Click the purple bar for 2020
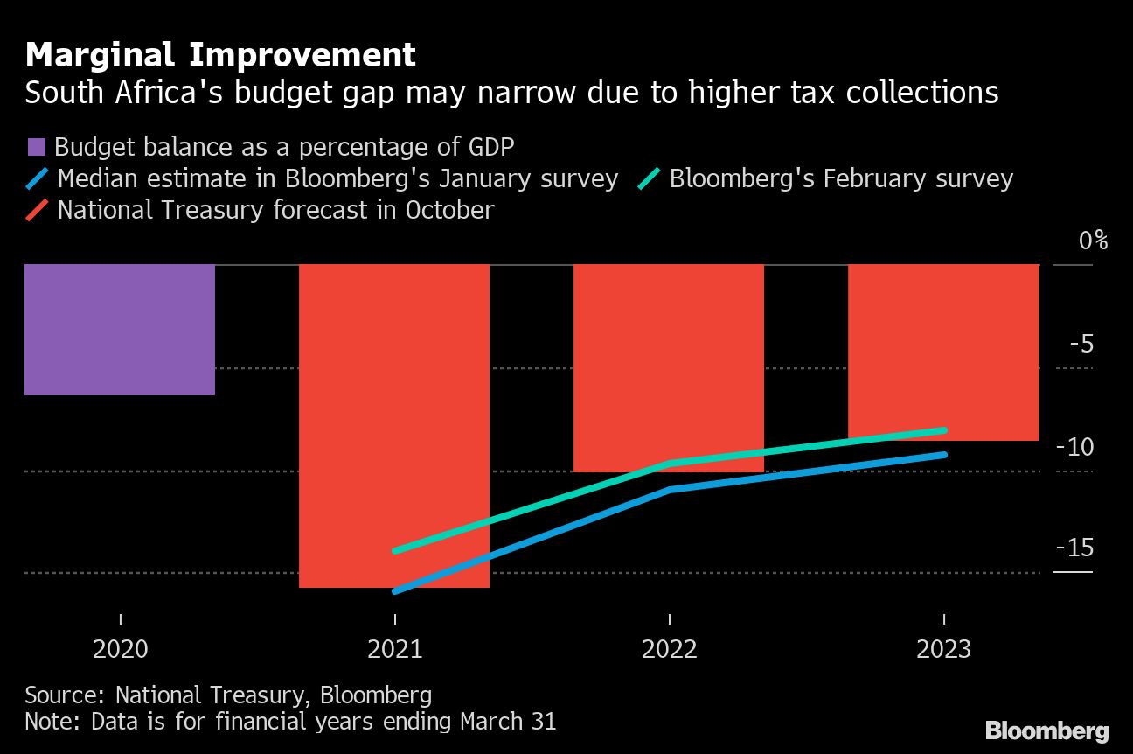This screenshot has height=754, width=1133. click(x=120, y=329)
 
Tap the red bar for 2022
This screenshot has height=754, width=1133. click(x=669, y=367)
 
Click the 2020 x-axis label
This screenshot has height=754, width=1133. click(x=120, y=650)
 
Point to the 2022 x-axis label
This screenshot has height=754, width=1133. click(x=669, y=650)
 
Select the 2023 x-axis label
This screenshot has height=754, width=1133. click(x=943, y=650)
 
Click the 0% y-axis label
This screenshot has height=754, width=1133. click(x=1093, y=241)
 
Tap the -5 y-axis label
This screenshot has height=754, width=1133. click(x=1081, y=344)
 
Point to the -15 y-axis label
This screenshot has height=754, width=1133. click(x=1075, y=548)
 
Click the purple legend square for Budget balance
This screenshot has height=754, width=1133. click(x=36, y=147)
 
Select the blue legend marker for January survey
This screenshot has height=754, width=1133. click(x=37, y=179)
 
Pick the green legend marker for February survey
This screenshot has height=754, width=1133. click(x=649, y=179)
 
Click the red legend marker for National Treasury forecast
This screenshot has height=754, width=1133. click(x=37, y=211)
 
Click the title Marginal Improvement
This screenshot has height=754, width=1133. click(x=220, y=55)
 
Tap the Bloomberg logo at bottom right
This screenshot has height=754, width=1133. click(x=1046, y=730)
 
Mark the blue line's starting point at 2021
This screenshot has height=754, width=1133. click(x=395, y=591)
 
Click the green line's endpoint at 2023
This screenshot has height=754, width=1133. click(x=944, y=429)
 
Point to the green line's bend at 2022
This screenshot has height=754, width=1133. click(x=670, y=463)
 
